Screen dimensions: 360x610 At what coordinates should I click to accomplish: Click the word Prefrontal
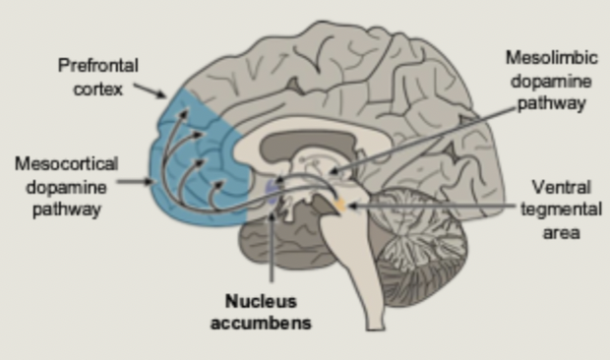[x=98, y=67]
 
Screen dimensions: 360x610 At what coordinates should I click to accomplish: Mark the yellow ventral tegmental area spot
[x=340, y=205]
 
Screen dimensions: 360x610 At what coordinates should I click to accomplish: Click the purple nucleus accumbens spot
[x=273, y=187]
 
